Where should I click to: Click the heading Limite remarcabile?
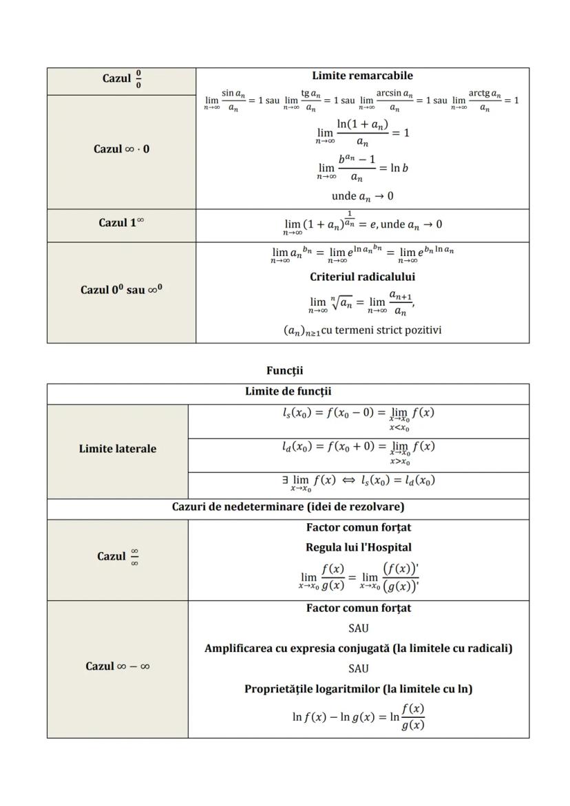[x=362, y=76]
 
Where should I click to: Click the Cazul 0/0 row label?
[x=122, y=78]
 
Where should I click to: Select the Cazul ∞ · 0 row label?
[x=121, y=149]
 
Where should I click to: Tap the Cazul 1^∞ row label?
[x=121, y=223]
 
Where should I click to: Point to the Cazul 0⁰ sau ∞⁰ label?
[x=121, y=290]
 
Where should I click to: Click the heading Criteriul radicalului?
[x=362, y=277]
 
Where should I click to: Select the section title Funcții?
[x=284, y=370]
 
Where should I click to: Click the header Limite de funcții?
[x=288, y=392]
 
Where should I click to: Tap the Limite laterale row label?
[x=117, y=449]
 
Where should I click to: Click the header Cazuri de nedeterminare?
[x=288, y=507]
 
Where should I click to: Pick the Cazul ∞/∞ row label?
[x=118, y=557]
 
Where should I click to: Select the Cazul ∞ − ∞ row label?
[x=118, y=666]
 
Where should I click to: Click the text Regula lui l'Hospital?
[x=358, y=548]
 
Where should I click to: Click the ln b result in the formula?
[x=399, y=167]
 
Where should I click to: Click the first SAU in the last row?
[x=358, y=628]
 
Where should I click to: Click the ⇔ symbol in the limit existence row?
[x=349, y=480]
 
